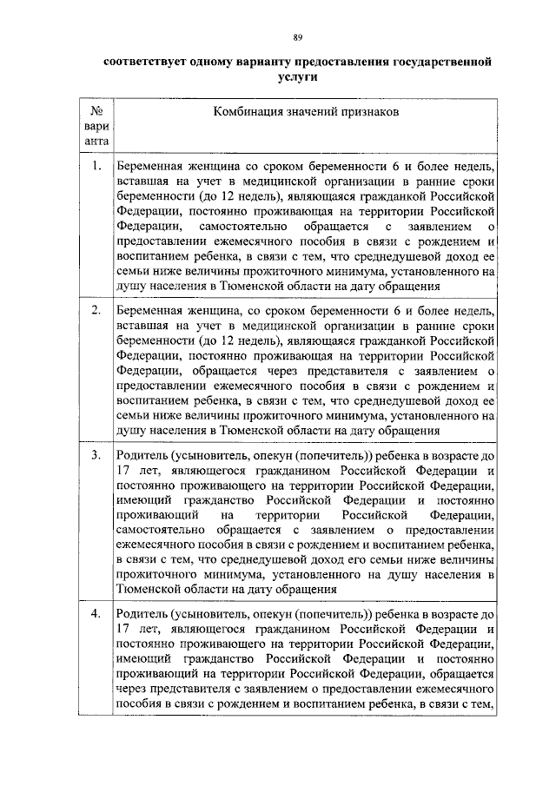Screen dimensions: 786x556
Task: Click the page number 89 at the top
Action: point(297,36)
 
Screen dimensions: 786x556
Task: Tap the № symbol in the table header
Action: point(98,111)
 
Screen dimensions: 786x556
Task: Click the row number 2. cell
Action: point(97,309)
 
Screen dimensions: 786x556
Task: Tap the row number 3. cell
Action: point(97,453)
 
